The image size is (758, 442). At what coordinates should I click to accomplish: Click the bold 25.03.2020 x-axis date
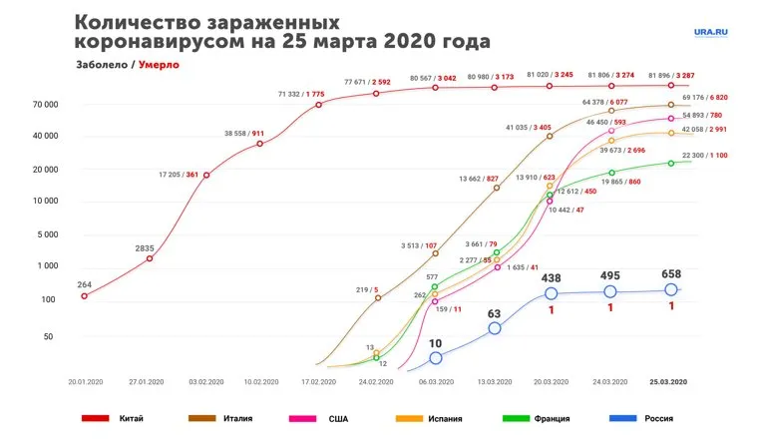668,381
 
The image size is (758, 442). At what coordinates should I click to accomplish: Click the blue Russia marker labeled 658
671,290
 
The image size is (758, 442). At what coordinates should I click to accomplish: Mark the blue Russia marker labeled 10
435,357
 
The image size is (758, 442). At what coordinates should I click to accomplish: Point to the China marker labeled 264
84,295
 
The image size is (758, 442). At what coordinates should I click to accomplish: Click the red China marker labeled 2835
150,258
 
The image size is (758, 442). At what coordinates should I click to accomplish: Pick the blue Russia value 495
609,274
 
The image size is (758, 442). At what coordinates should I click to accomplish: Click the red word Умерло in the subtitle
160,65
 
